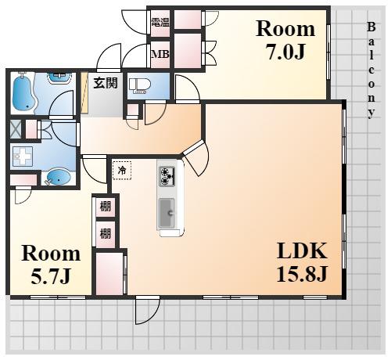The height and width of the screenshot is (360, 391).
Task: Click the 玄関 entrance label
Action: (106, 83)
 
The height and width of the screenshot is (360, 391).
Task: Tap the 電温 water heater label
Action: (160, 23)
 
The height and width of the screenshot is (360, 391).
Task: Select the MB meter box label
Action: (160, 54)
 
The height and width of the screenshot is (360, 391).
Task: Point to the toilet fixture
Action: (140, 85)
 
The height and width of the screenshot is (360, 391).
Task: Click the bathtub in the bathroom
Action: (23, 92)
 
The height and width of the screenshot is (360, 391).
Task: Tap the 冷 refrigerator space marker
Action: (122, 171)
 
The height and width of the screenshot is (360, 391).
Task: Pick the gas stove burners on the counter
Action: (167, 176)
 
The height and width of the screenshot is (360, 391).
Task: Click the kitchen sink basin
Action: (167, 213)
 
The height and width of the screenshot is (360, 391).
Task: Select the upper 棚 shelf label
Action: (106, 206)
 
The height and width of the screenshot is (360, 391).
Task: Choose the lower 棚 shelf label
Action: (106, 233)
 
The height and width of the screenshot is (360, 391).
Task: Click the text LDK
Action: (302, 250)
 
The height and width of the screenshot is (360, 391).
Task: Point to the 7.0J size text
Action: (286, 51)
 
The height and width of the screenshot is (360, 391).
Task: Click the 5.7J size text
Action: (51, 275)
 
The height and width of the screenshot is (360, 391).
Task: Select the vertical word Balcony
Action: (371, 70)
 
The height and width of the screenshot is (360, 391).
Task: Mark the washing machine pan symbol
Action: (23, 157)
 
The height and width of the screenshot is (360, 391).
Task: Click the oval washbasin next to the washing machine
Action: (59, 178)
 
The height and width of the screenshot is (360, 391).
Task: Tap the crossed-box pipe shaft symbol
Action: (16, 130)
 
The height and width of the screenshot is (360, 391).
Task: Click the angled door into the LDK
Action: (196, 157)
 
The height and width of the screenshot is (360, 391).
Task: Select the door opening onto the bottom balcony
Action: (147, 310)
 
